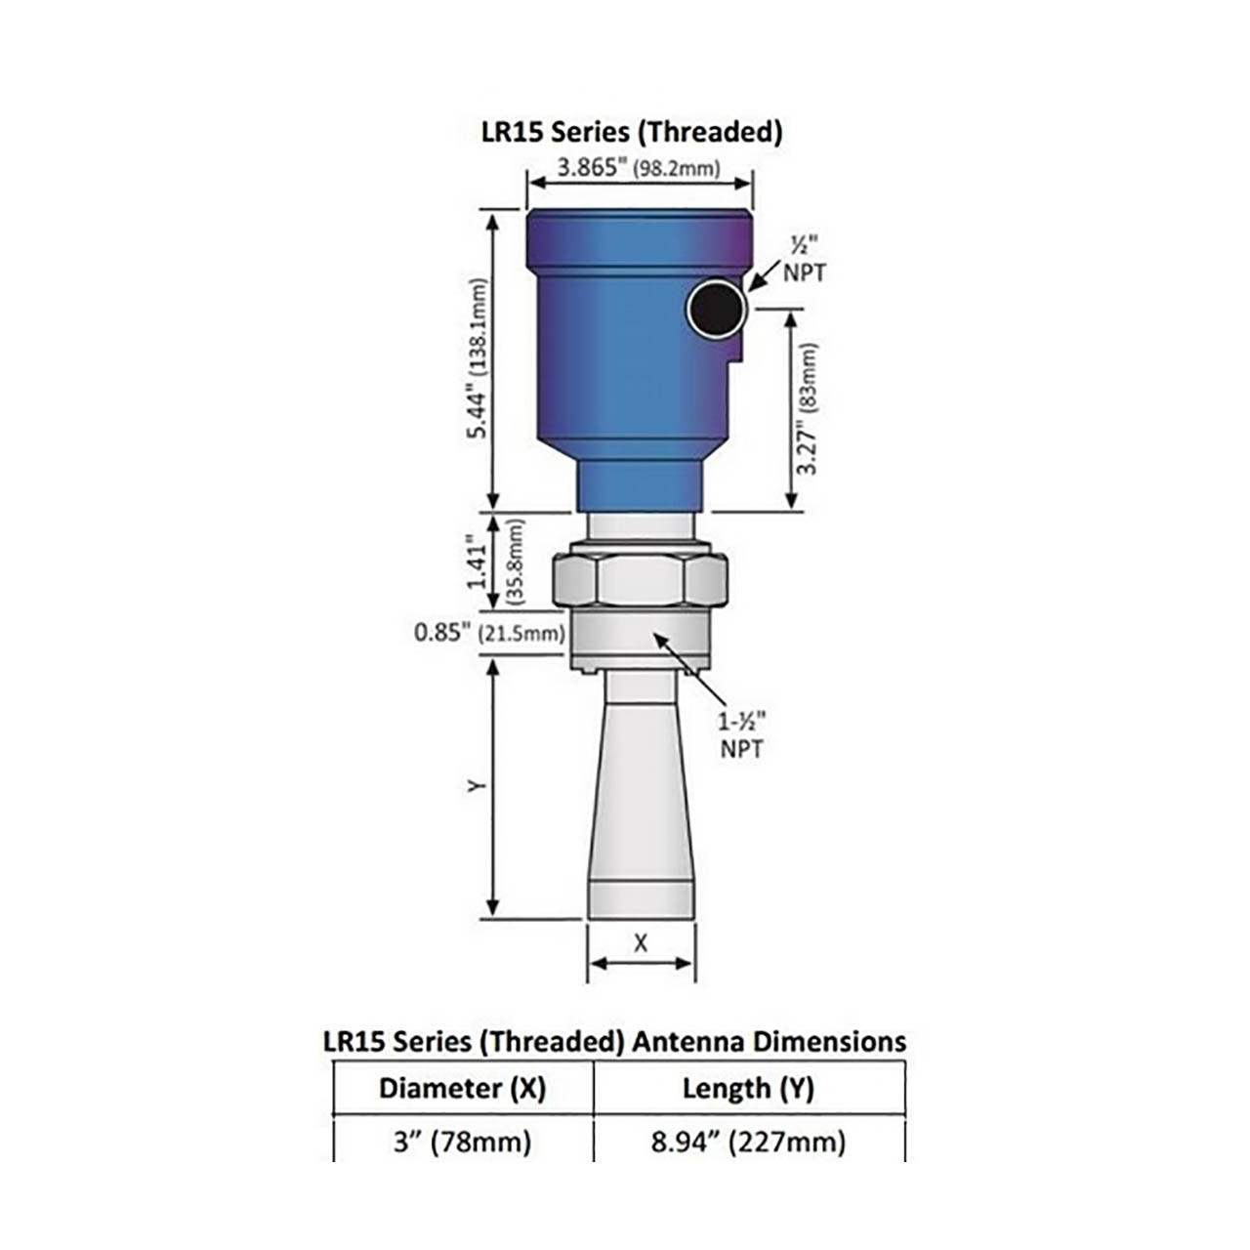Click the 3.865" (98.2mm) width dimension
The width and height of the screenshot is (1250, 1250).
coord(639,168)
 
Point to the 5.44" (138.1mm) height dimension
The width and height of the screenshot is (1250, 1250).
coord(479,359)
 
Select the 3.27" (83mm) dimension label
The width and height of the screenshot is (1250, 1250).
coord(808,408)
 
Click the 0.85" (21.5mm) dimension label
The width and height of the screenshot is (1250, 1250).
coord(489,633)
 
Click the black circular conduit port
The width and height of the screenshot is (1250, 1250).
coord(716,311)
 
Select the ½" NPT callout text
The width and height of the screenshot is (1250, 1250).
coord(804,260)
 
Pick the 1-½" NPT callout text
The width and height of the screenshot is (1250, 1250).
coord(742,735)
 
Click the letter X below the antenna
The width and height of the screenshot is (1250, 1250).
coord(641,943)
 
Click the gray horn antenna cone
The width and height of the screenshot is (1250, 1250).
coord(641,801)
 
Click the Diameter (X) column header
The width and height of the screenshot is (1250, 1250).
coord(463,1088)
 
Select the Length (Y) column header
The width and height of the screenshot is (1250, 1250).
coord(748,1088)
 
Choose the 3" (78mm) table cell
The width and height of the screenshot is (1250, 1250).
coord(463,1141)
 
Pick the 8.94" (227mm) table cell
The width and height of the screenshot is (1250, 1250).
coord(748,1141)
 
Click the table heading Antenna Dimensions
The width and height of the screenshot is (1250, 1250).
coord(614,1041)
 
